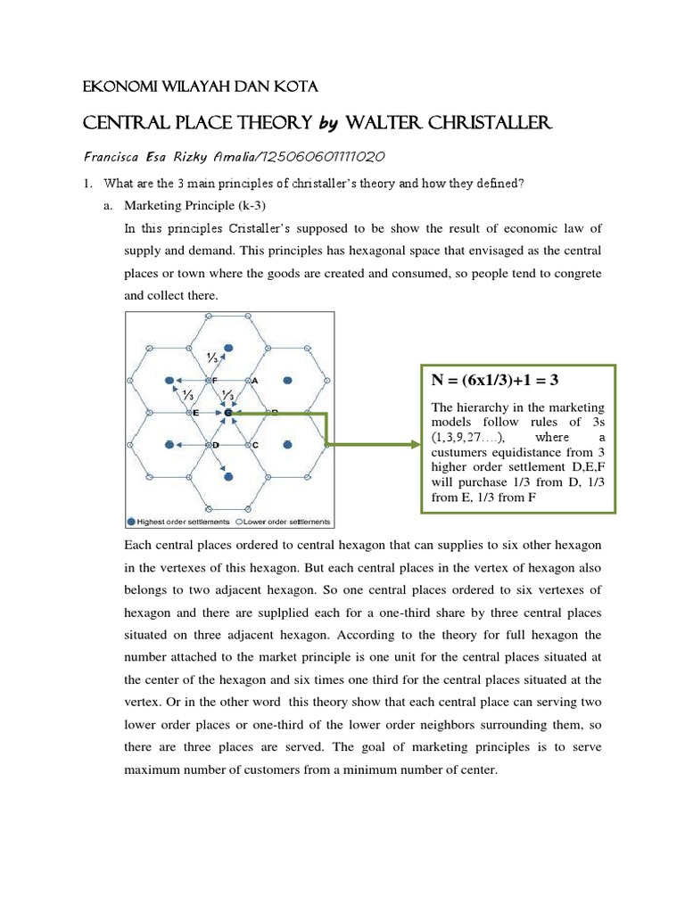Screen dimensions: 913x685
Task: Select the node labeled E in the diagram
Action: (x=188, y=413)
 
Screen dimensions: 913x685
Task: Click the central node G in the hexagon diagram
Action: (x=228, y=413)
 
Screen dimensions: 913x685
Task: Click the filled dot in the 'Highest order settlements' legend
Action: (x=132, y=522)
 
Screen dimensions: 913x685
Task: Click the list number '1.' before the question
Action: (x=87, y=184)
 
